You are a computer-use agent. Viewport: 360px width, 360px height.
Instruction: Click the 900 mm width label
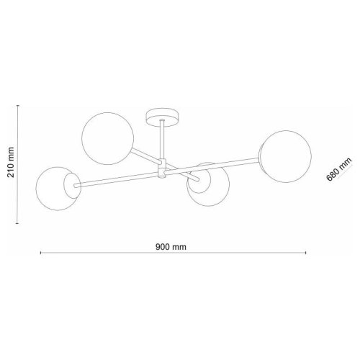pos(171,247)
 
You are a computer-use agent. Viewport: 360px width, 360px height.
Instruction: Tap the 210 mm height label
pos(11,162)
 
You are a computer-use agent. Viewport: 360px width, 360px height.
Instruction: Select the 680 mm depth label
pos(339,169)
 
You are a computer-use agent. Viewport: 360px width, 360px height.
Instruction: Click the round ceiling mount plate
pos(163,117)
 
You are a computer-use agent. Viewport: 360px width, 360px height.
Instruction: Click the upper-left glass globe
pos(107,138)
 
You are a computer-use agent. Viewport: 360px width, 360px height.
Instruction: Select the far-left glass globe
pos(58,189)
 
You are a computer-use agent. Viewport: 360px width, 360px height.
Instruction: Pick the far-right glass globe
pos(286,156)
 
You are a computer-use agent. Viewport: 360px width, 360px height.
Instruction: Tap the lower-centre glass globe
pos(208,184)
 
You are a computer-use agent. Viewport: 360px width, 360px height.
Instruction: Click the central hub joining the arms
pos(162,168)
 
